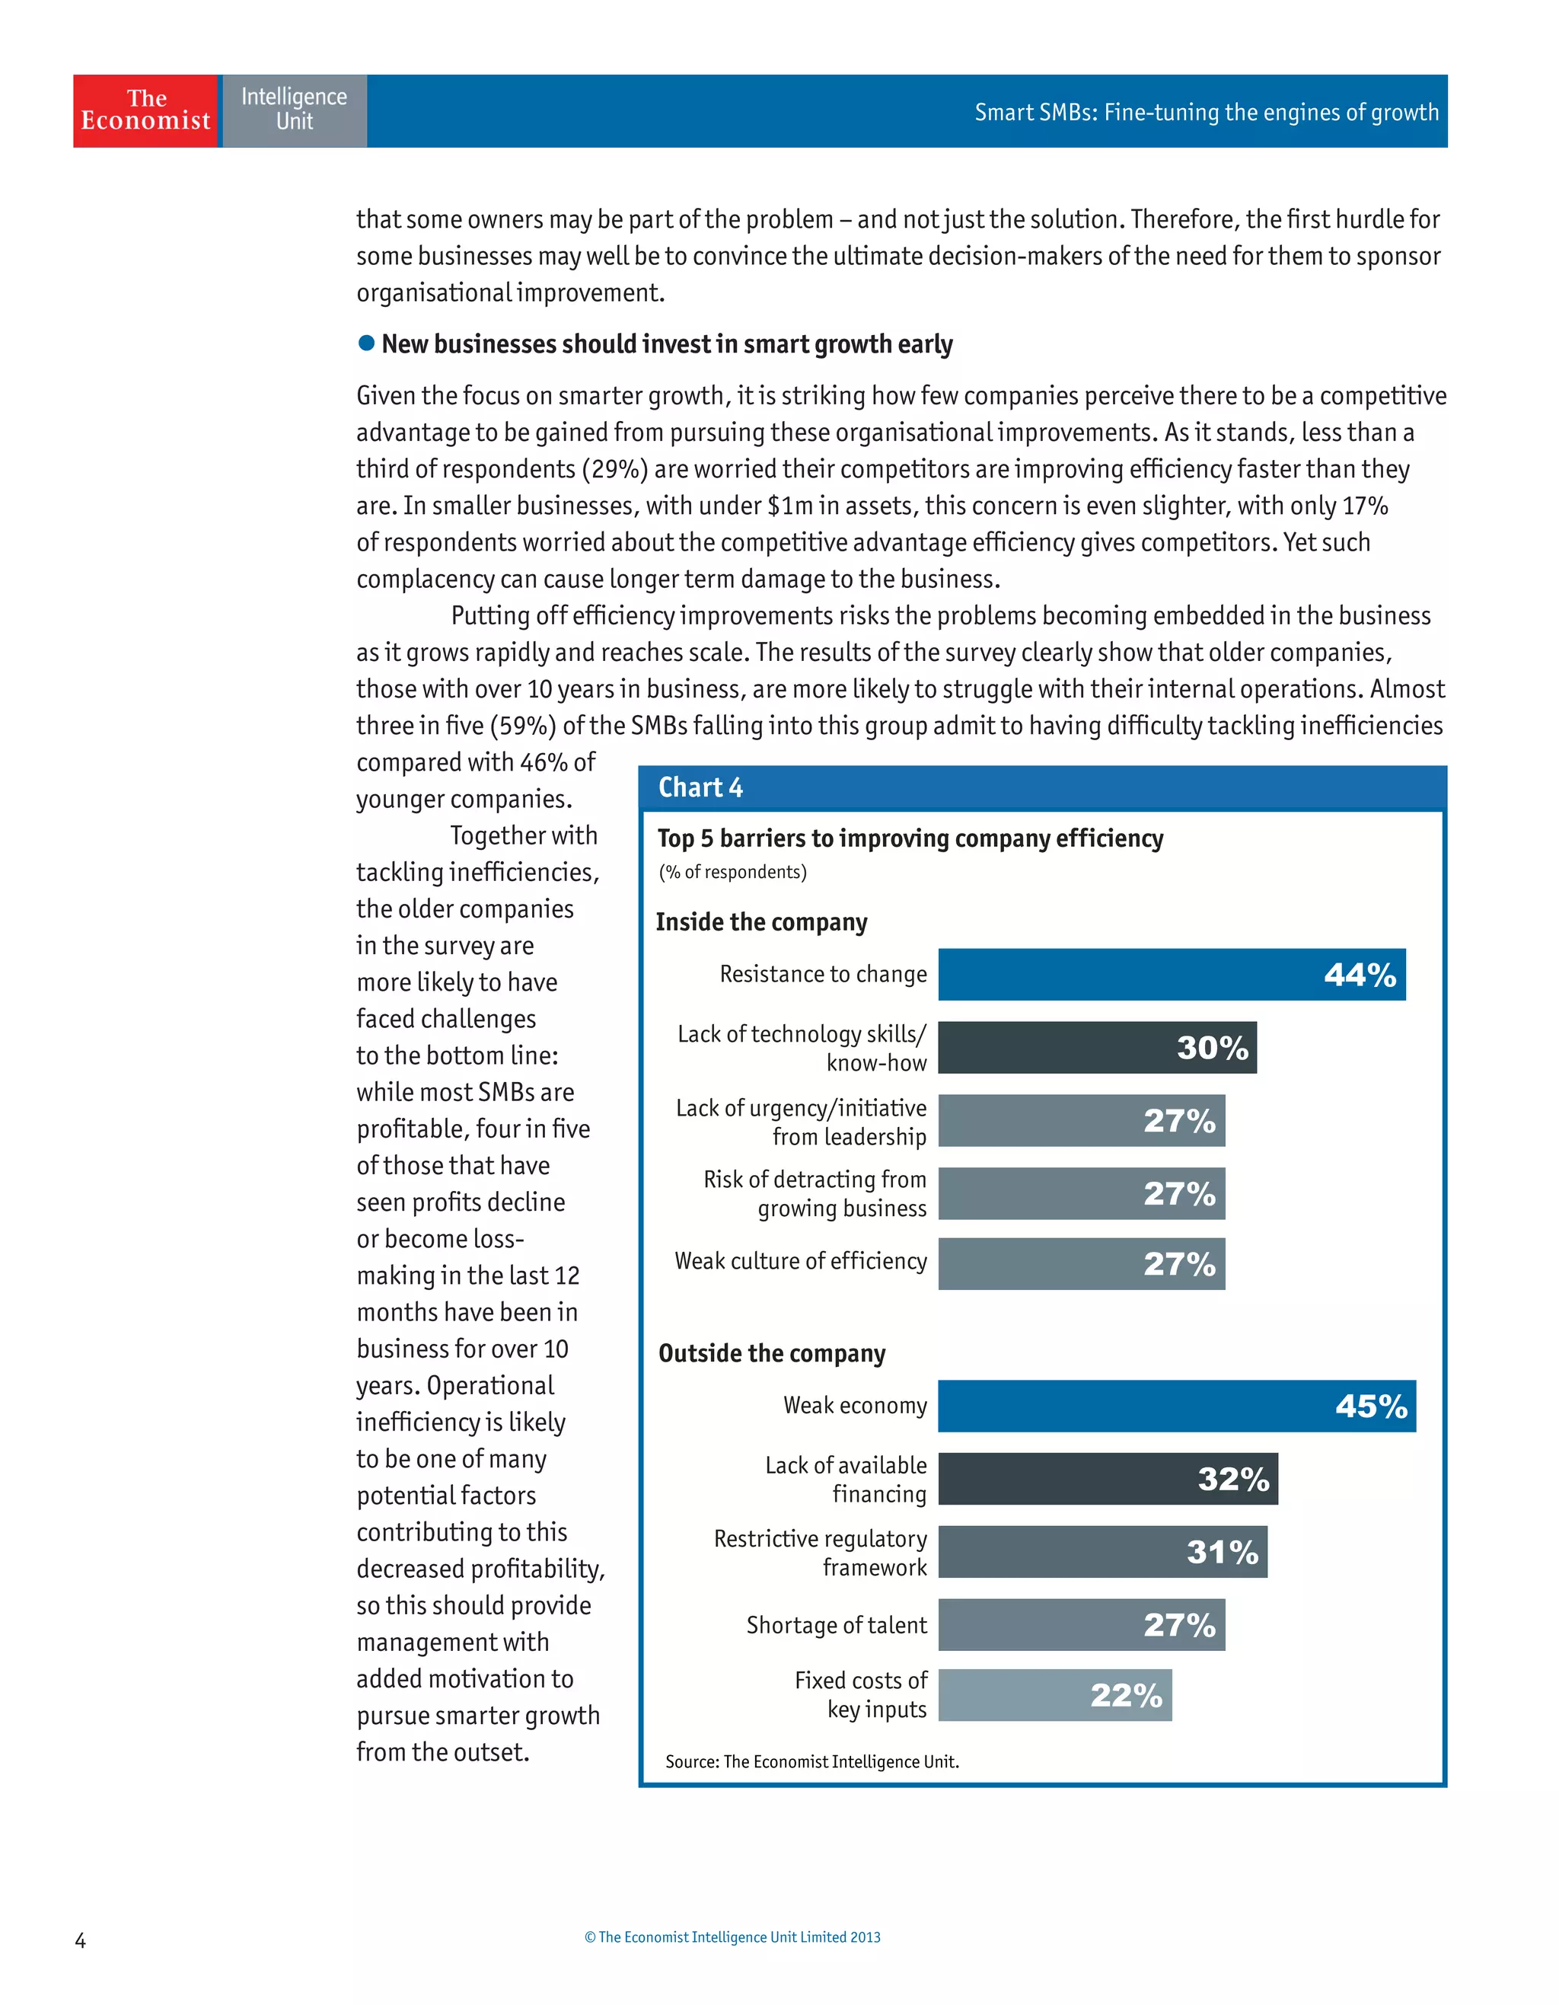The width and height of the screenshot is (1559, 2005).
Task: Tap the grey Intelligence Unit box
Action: coord(294,111)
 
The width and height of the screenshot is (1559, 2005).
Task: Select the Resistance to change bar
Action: coord(1171,974)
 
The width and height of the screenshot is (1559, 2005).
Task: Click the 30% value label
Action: coord(1212,1048)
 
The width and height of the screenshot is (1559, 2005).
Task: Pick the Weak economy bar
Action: coord(1176,1406)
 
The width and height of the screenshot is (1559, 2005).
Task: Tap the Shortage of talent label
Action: coord(836,1625)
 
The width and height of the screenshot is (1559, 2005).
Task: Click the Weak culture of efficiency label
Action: coord(800,1261)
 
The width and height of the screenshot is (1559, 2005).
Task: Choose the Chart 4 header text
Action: coord(700,787)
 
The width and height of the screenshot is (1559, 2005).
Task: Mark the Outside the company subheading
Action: coord(772,1353)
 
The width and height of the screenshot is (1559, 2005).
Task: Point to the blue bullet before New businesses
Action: coord(366,343)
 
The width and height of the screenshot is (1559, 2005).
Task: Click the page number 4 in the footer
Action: coord(80,1940)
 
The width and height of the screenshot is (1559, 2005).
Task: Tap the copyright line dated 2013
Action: coord(732,1937)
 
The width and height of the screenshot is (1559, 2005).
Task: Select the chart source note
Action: coord(812,1762)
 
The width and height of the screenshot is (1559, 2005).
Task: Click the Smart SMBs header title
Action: coord(1206,112)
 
